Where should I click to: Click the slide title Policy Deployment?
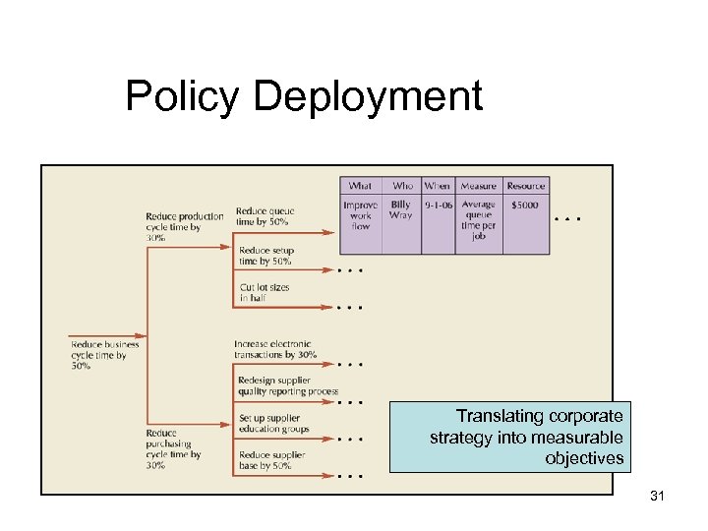pyautogui.click(x=304, y=97)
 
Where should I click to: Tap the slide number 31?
pyautogui.click(x=658, y=497)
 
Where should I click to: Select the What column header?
pyautogui.click(x=361, y=186)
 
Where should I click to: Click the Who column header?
pyautogui.click(x=403, y=186)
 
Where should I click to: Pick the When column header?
pyautogui.click(x=437, y=186)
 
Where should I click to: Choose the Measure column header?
pyautogui.click(x=478, y=186)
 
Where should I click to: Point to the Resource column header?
pyautogui.click(x=526, y=186)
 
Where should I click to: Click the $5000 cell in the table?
pyautogui.click(x=525, y=206)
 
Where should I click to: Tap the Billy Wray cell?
pyautogui.click(x=401, y=209)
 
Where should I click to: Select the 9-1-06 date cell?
pyautogui.click(x=437, y=206)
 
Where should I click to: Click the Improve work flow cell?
pyautogui.click(x=361, y=215)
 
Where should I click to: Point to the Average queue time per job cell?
pyautogui.click(x=479, y=220)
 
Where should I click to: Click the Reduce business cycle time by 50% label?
pyautogui.click(x=105, y=354)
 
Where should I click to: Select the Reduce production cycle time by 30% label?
pyautogui.click(x=184, y=227)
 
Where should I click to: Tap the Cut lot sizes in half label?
pyautogui.click(x=265, y=292)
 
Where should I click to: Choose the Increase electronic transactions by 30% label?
pyautogui.click(x=275, y=349)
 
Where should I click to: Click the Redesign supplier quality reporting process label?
pyautogui.click(x=287, y=385)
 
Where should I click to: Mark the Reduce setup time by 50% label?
pyautogui.click(x=265, y=256)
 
